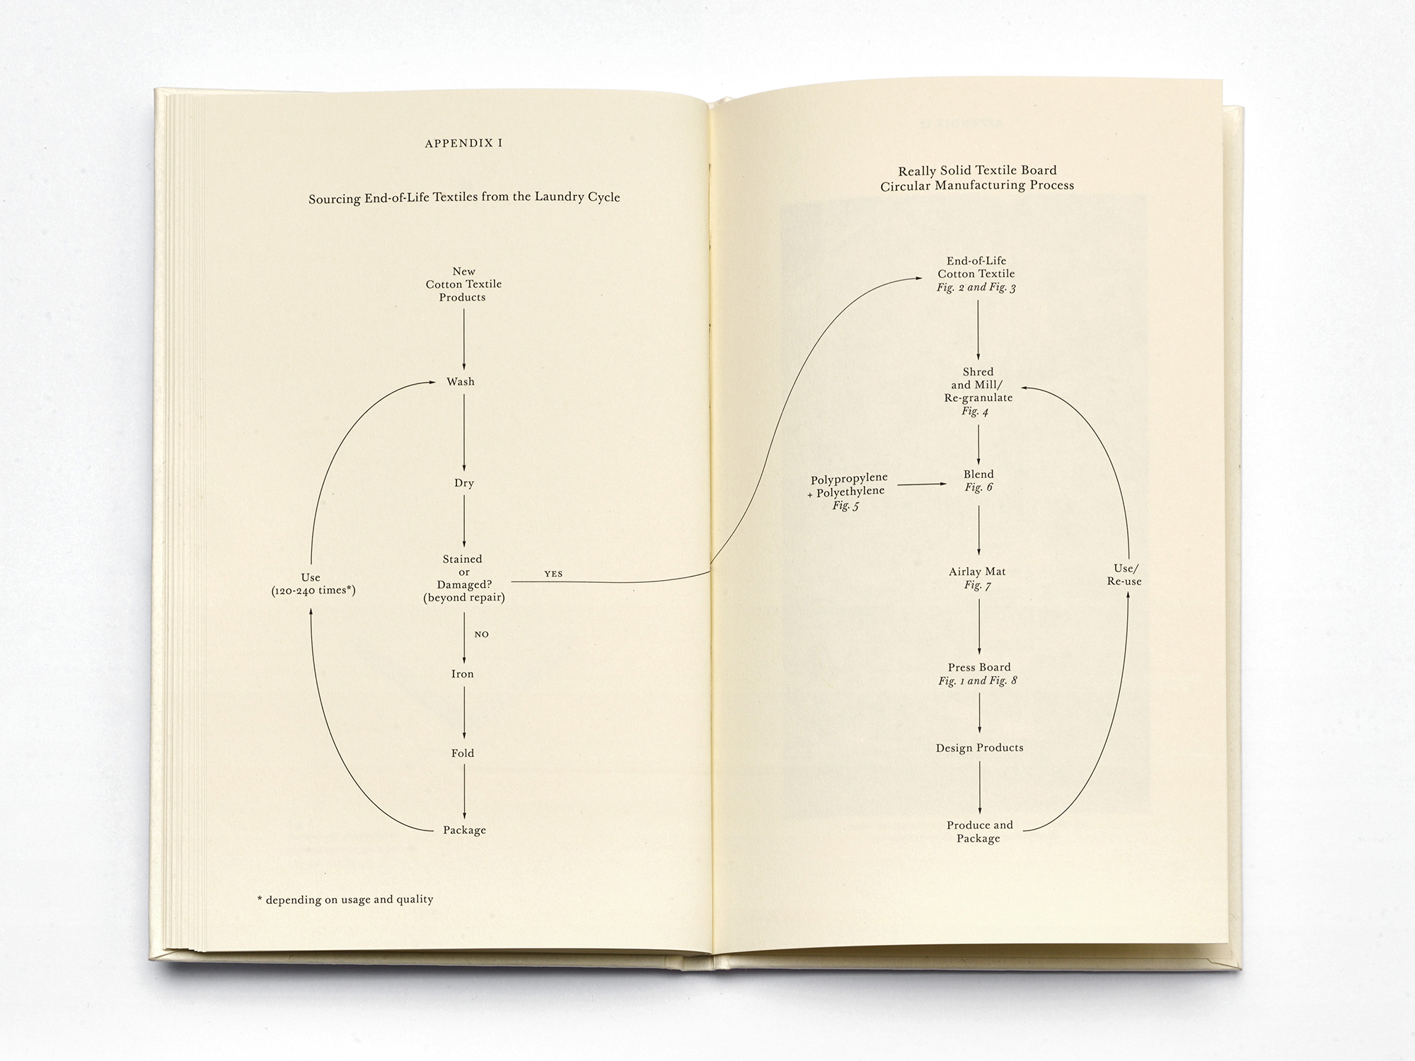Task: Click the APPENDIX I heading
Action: tap(463, 143)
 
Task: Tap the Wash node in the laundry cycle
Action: tap(461, 382)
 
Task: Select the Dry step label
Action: tap(464, 483)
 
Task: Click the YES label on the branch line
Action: tap(553, 574)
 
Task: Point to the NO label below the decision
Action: tap(482, 634)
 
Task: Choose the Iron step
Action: tap(463, 674)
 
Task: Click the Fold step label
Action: tap(463, 753)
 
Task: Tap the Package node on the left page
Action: tap(464, 830)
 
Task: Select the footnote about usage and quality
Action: tap(345, 900)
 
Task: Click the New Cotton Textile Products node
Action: tap(463, 284)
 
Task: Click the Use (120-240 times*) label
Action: tap(313, 584)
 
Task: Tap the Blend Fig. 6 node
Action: tap(978, 480)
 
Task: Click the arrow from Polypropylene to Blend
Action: tap(922, 485)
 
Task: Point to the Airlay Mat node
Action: tap(977, 578)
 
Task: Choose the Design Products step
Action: tap(979, 748)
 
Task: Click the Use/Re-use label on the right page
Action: tap(1124, 575)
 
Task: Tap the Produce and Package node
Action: tap(979, 832)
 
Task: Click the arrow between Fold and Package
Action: tap(464, 792)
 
